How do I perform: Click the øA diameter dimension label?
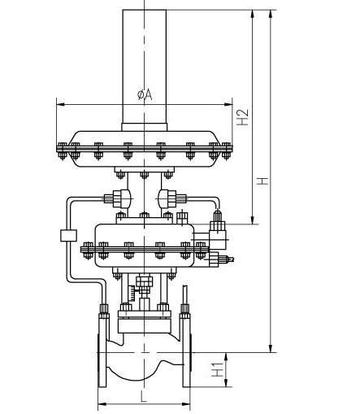(x=144, y=95)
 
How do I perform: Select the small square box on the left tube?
(x=68, y=235)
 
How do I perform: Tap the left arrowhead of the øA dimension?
(x=59, y=103)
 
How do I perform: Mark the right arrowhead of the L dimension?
(x=187, y=404)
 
